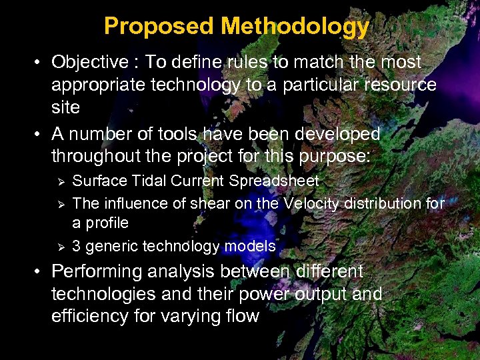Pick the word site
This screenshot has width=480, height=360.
pos(65,107)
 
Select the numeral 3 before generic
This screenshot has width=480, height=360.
pos(77,247)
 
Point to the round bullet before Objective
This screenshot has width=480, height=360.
pos(39,63)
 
